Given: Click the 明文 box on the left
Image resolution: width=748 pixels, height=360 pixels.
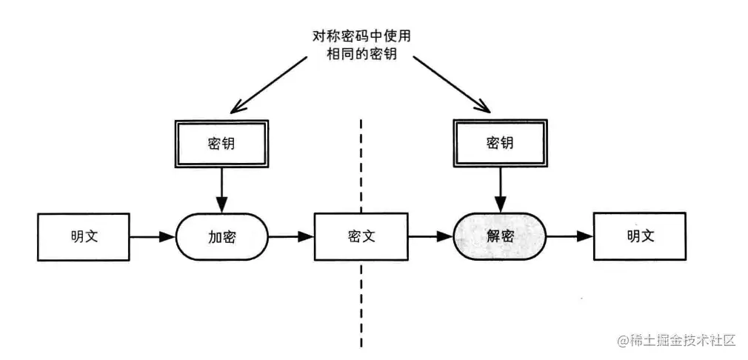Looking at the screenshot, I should [83, 237].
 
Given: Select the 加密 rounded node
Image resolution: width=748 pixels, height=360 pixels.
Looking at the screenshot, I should [221, 237].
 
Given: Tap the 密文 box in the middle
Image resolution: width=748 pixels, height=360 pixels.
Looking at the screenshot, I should [361, 237].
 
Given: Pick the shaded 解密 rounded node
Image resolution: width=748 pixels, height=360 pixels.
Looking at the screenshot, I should [500, 237].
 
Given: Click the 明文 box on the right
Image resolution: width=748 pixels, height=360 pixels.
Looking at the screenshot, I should [640, 237].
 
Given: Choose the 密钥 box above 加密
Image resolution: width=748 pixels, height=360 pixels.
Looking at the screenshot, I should [221, 143].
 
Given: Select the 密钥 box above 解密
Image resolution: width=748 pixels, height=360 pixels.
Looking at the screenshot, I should [500, 143].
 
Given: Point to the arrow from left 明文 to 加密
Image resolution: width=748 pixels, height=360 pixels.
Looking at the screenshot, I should [153, 237].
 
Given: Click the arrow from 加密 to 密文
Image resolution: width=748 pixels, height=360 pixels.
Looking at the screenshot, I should [291, 237].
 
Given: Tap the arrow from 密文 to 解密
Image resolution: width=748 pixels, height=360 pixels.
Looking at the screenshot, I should [430, 237].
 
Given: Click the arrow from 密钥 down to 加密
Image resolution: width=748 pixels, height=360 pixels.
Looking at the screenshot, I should [221, 188].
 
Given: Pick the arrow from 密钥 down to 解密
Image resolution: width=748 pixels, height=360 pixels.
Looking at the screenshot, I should [500, 188].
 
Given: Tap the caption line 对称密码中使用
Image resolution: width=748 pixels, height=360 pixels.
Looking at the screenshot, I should [360, 36].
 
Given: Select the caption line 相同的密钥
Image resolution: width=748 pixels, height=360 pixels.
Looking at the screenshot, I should [360, 55].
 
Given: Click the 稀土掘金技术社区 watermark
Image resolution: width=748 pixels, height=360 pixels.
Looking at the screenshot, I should [681, 341].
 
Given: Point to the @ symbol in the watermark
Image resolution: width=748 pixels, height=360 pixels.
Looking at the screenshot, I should [620, 341].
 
